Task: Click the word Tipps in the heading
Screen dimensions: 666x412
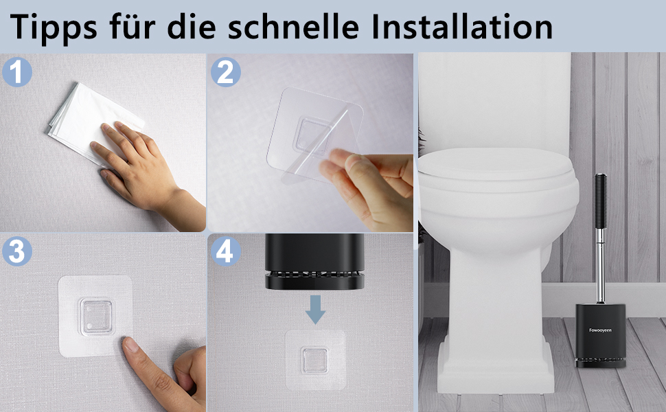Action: click(53, 26)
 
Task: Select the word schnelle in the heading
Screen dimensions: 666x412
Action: click(294, 26)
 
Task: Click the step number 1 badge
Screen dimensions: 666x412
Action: click(17, 72)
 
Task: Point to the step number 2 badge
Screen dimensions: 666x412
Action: click(225, 72)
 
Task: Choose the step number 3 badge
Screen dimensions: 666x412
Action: click(17, 251)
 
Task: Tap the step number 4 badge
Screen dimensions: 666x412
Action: click(225, 251)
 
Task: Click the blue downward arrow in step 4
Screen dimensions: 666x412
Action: click(315, 310)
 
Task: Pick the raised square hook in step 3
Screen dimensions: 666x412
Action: click(97, 317)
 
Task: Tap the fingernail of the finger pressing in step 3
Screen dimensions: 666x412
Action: click(130, 344)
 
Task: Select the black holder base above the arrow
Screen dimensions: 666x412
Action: click(314, 261)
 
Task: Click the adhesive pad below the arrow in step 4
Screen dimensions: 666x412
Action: click(315, 360)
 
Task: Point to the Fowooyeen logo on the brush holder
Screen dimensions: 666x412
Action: click(601, 330)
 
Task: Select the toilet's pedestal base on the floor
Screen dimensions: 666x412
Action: click(496, 365)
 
